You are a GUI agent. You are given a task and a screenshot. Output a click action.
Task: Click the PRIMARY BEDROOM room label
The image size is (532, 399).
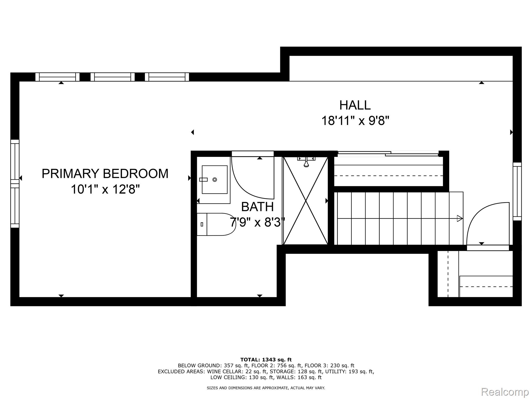point(105,174)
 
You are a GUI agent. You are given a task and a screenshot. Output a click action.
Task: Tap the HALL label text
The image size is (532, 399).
point(355,105)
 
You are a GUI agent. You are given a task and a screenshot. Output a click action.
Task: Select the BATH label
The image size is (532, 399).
point(257,207)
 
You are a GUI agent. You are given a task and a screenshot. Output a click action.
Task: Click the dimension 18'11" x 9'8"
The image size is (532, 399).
point(355,121)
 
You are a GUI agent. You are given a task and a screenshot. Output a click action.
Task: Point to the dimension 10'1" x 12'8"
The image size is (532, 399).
point(105,189)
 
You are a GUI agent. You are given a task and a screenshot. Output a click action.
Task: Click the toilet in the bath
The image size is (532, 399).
point(216,224)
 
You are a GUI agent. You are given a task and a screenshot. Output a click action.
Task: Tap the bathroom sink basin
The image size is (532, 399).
point(215,179)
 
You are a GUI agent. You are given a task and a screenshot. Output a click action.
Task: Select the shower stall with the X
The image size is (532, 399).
point(305,201)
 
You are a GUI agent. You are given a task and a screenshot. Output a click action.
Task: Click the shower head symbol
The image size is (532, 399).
point(306,161)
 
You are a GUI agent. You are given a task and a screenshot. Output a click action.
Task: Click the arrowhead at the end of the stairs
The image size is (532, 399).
point(460,218)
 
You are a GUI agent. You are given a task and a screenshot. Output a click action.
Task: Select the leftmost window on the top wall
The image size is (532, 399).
point(57,77)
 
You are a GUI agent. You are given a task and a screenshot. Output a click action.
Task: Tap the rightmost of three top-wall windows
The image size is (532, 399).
point(167,77)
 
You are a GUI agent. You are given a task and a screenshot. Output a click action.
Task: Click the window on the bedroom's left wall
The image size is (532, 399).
point(15,183)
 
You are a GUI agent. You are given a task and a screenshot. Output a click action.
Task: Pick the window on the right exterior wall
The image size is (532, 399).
point(517,191)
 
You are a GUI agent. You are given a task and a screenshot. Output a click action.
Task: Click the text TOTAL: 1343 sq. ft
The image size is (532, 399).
point(266,360)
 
